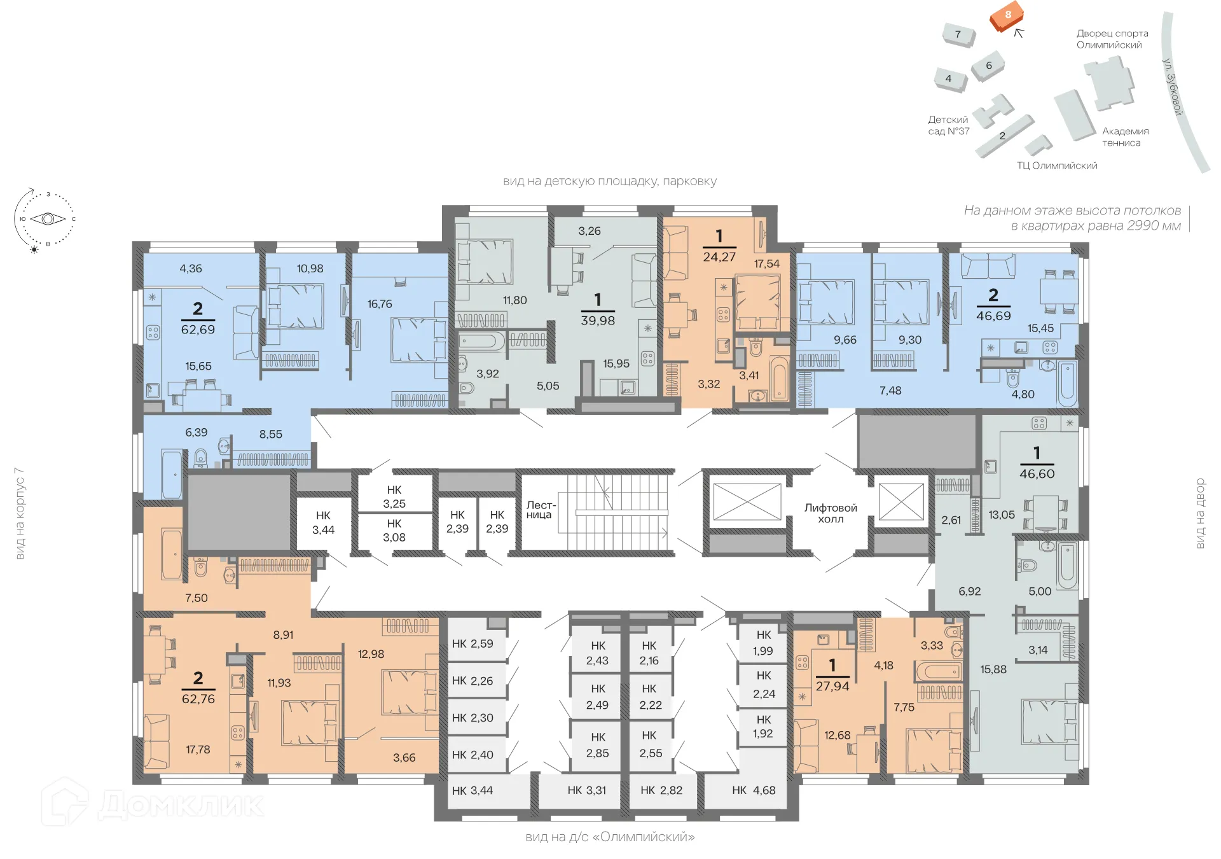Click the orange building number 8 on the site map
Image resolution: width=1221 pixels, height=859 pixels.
click(1007, 15)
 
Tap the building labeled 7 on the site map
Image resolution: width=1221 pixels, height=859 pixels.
click(958, 34)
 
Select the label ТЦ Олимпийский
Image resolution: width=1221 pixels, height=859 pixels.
click(1056, 165)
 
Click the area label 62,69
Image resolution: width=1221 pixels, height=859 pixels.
click(198, 330)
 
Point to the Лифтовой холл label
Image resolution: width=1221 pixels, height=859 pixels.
click(831, 513)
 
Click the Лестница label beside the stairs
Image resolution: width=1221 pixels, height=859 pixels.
click(540, 510)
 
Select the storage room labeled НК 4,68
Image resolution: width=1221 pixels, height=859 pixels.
click(754, 790)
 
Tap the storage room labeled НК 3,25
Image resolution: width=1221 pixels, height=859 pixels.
click(394, 497)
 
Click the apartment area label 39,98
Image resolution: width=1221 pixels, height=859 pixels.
click(598, 321)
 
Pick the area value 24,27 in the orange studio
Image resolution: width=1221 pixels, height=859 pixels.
click(719, 257)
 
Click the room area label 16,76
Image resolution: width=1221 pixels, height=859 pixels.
click(380, 304)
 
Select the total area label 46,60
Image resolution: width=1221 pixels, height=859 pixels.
click(1037, 473)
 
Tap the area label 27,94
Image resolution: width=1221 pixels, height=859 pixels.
click(832, 686)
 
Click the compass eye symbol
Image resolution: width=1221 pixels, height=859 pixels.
click(48, 219)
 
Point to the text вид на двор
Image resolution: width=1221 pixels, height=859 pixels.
click(1200, 513)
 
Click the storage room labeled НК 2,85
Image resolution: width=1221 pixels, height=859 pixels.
click(597, 744)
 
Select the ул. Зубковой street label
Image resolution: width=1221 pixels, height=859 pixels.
click(1171, 87)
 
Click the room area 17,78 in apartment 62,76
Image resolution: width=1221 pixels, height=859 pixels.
click(198, 750)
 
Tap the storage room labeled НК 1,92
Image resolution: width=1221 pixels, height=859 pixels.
click(763, 726)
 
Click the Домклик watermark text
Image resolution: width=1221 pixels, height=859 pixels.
click(181, 805)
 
